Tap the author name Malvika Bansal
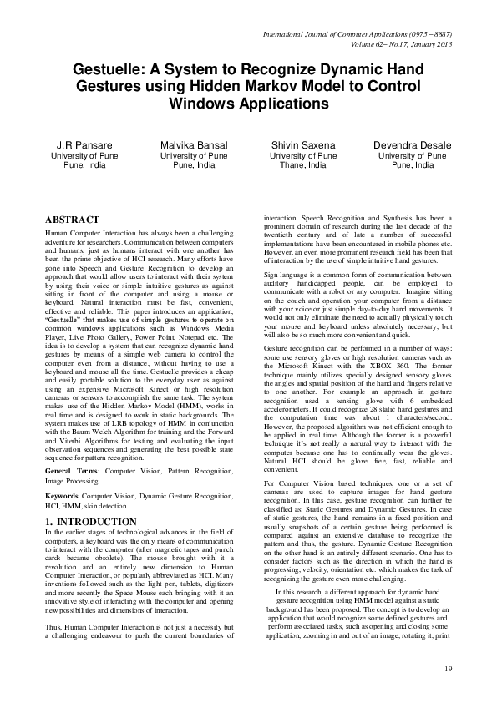[194, 144]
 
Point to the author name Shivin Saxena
[304, 144]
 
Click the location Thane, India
[304, 165]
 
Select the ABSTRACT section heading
[72, 219]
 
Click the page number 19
[448, 668]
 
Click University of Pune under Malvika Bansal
[194, 155]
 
